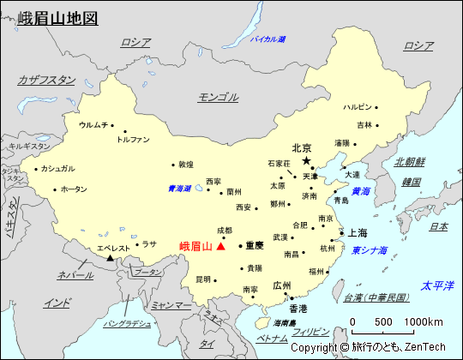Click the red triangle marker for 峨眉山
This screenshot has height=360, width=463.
(221, 246)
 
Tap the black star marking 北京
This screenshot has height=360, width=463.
(305, 160)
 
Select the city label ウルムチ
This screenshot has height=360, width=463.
(93, 125)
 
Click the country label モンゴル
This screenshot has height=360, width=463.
(218, 97)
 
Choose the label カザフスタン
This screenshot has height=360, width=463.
(46, 80)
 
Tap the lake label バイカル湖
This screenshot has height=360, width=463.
(268, 39)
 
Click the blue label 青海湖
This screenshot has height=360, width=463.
(179, 189)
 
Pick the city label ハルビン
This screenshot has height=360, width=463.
(358, 107)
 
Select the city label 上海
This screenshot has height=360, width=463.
(358, 233)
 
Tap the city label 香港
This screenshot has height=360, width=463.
(298, 308)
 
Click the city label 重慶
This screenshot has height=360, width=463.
(255, 245)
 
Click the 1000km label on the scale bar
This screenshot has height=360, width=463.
(424, 321)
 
